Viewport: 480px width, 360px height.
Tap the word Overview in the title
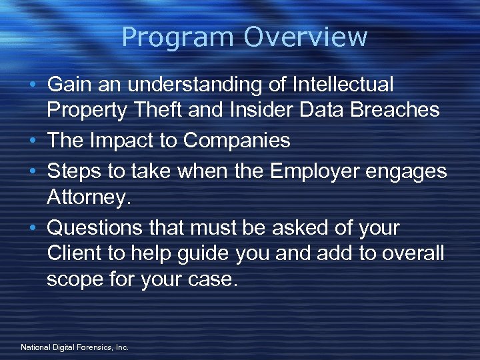[x=305, y=37]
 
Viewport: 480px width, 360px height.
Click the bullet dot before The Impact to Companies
[x=33, y=141]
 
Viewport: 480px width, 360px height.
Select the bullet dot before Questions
[x=33, y=229]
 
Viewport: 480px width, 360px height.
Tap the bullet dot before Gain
[x=33, y=85]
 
